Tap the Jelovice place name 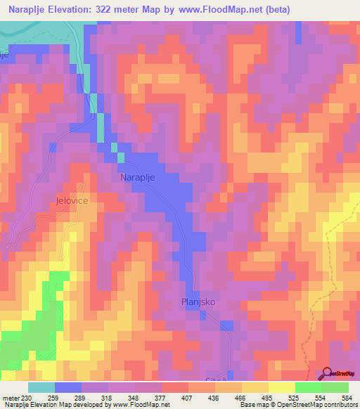(x=70, y=200)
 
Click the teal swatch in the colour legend (x=41, y=387)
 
